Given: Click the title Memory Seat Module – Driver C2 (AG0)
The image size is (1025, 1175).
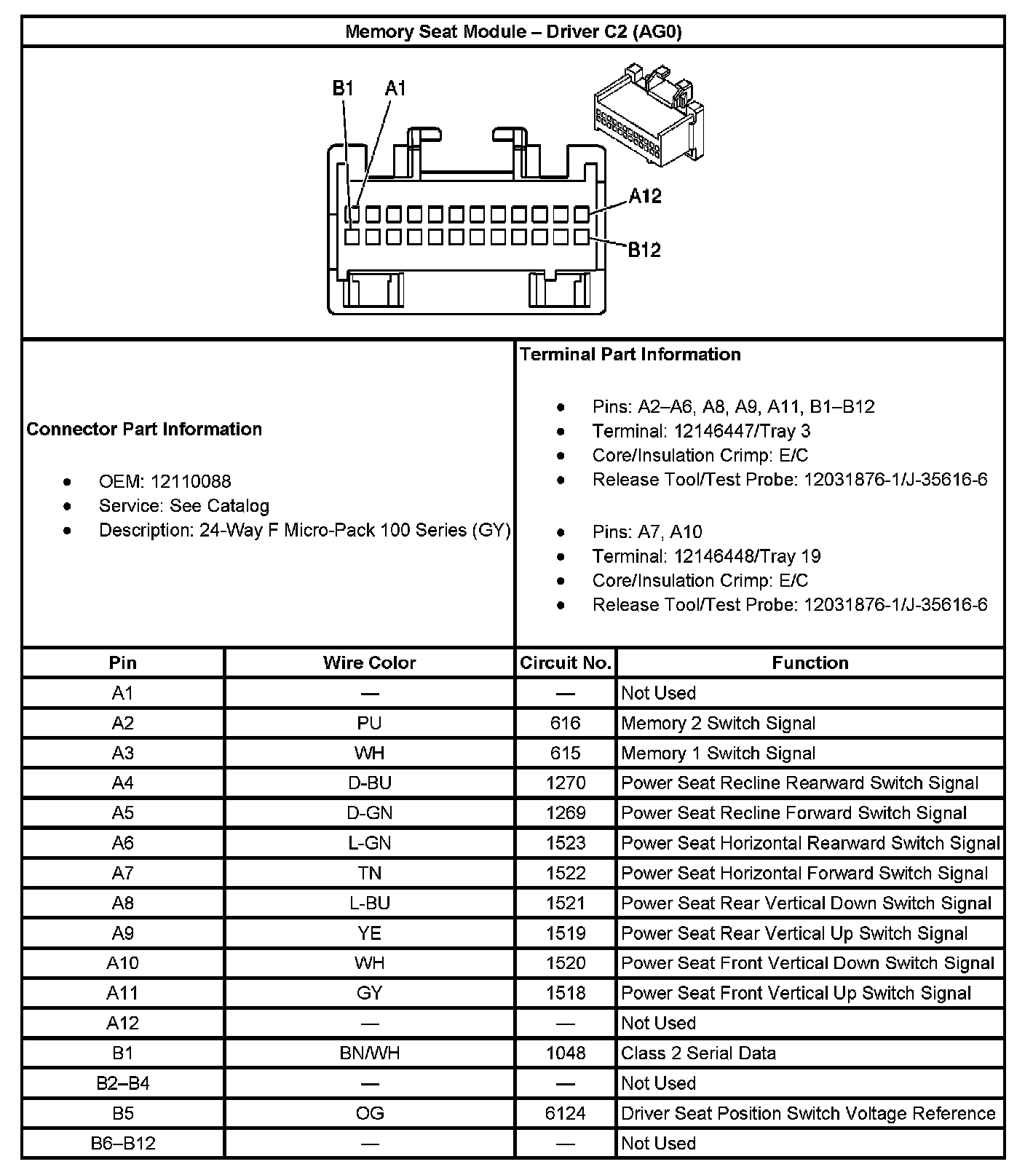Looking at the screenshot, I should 512,32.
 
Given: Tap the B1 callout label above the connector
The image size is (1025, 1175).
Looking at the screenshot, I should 343,89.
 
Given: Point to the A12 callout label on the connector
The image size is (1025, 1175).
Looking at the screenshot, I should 645,196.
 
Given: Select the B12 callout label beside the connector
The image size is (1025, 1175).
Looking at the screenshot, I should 644,250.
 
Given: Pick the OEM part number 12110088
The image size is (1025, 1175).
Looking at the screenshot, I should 191,481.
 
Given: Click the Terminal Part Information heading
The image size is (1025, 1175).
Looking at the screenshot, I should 630,355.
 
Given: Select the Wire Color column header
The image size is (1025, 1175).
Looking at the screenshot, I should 369,662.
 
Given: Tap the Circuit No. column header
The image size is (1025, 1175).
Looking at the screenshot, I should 565,662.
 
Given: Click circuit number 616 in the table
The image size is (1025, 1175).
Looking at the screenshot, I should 565,723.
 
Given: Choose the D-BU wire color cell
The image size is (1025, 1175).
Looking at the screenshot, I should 369,783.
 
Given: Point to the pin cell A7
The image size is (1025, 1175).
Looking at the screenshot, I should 122,873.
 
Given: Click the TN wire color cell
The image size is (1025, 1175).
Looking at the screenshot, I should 369,873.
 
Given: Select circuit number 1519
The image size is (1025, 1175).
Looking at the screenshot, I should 565,933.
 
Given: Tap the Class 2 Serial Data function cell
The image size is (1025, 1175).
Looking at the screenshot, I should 698,1053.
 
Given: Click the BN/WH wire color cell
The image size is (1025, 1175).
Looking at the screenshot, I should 369,1053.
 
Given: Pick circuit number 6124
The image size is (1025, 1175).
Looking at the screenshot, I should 565,1113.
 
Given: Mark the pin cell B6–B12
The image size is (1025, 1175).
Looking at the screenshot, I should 122,1143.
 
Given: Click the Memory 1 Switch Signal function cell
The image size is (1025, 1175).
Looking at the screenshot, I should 718,753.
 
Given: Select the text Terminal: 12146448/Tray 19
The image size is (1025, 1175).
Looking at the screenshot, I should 706,556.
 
